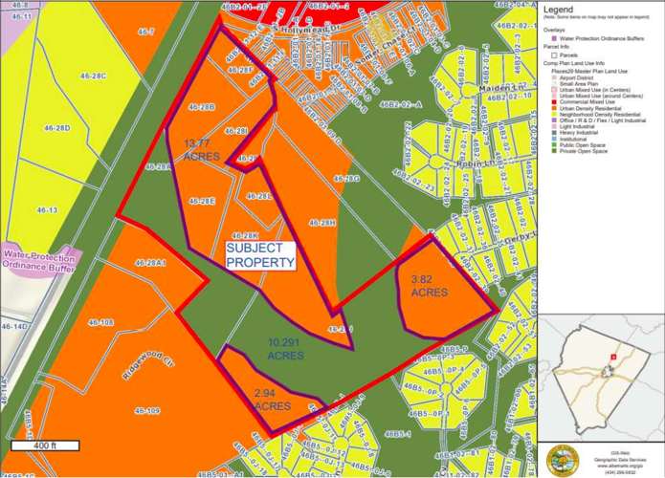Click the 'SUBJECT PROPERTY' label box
[258, 253]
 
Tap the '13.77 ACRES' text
[203, 150]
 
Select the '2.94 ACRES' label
[274, 401]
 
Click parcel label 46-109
[146, 410]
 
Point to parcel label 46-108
[100, 322]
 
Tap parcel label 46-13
[46, 209]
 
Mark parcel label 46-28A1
[151, 262]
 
